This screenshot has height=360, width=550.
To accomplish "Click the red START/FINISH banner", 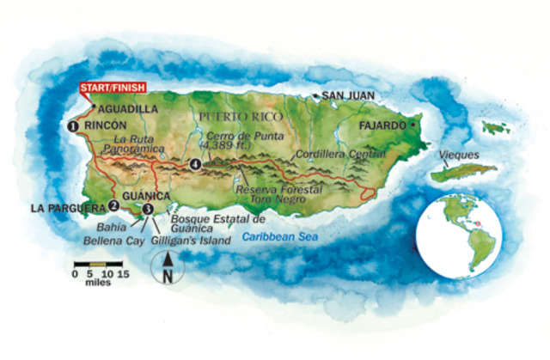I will [x=112, y=88].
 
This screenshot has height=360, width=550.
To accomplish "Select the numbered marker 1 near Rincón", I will [x=73, y=126].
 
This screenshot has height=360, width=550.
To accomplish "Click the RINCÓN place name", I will [x=106, y=126].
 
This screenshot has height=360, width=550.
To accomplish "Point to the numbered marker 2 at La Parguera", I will [x=113, y=205].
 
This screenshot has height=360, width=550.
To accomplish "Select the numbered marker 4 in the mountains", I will [x=196, y=164].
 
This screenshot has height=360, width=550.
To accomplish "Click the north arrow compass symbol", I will [x=167, y=267].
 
